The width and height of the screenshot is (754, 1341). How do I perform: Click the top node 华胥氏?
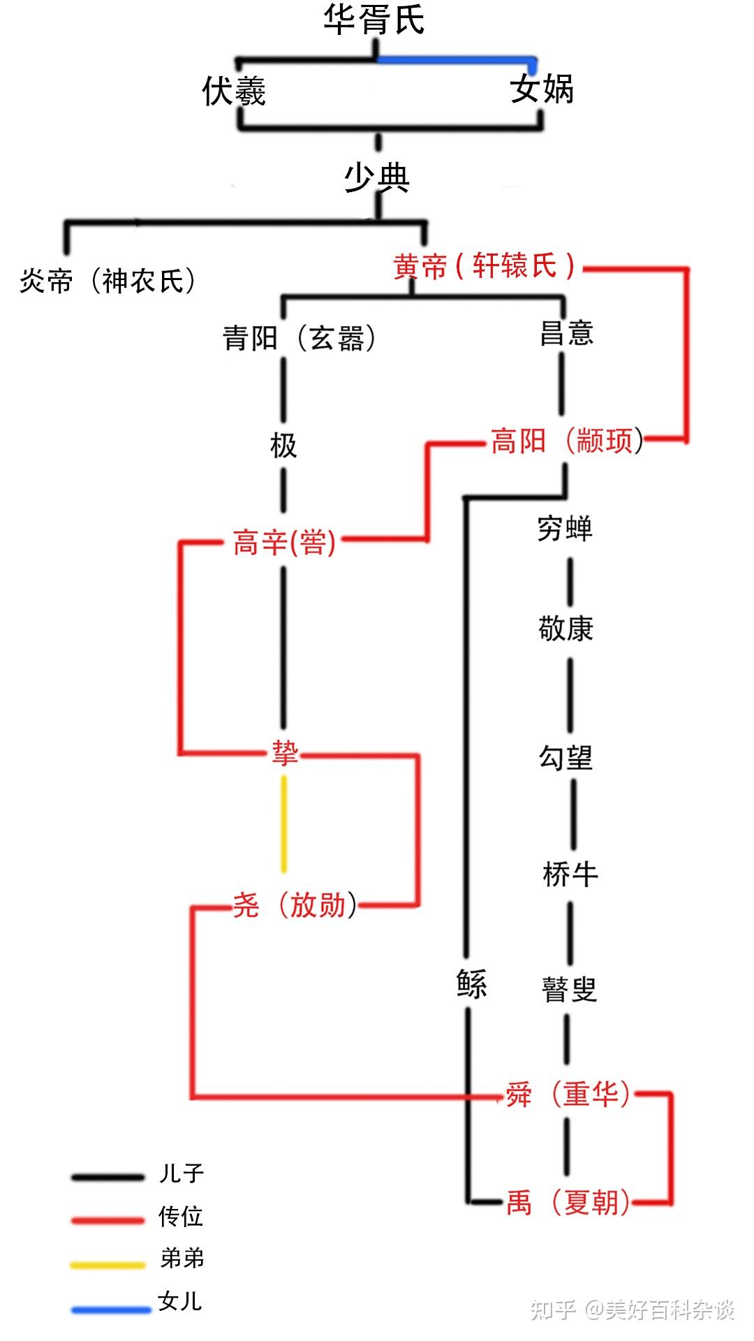374,20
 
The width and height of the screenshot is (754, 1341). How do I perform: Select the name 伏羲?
234,91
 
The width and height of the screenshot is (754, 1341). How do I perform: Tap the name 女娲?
542,89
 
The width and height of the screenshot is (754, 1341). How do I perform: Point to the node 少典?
376,177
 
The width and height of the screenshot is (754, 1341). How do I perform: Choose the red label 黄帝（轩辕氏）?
484,266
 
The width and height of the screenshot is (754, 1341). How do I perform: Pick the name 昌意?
566,333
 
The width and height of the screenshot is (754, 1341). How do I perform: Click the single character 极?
283,445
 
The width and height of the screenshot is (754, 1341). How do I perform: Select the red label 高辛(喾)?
285,543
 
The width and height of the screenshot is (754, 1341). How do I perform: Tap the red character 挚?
285,753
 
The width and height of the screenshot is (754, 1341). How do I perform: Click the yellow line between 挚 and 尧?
283,824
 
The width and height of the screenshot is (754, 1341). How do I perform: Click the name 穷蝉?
565,529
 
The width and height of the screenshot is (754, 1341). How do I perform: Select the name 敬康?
565,629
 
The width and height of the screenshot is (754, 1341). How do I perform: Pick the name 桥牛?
570,874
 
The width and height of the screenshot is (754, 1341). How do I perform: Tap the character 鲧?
471,984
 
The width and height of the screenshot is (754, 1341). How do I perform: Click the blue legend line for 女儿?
110,1310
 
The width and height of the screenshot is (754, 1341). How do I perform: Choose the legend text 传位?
181,1217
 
